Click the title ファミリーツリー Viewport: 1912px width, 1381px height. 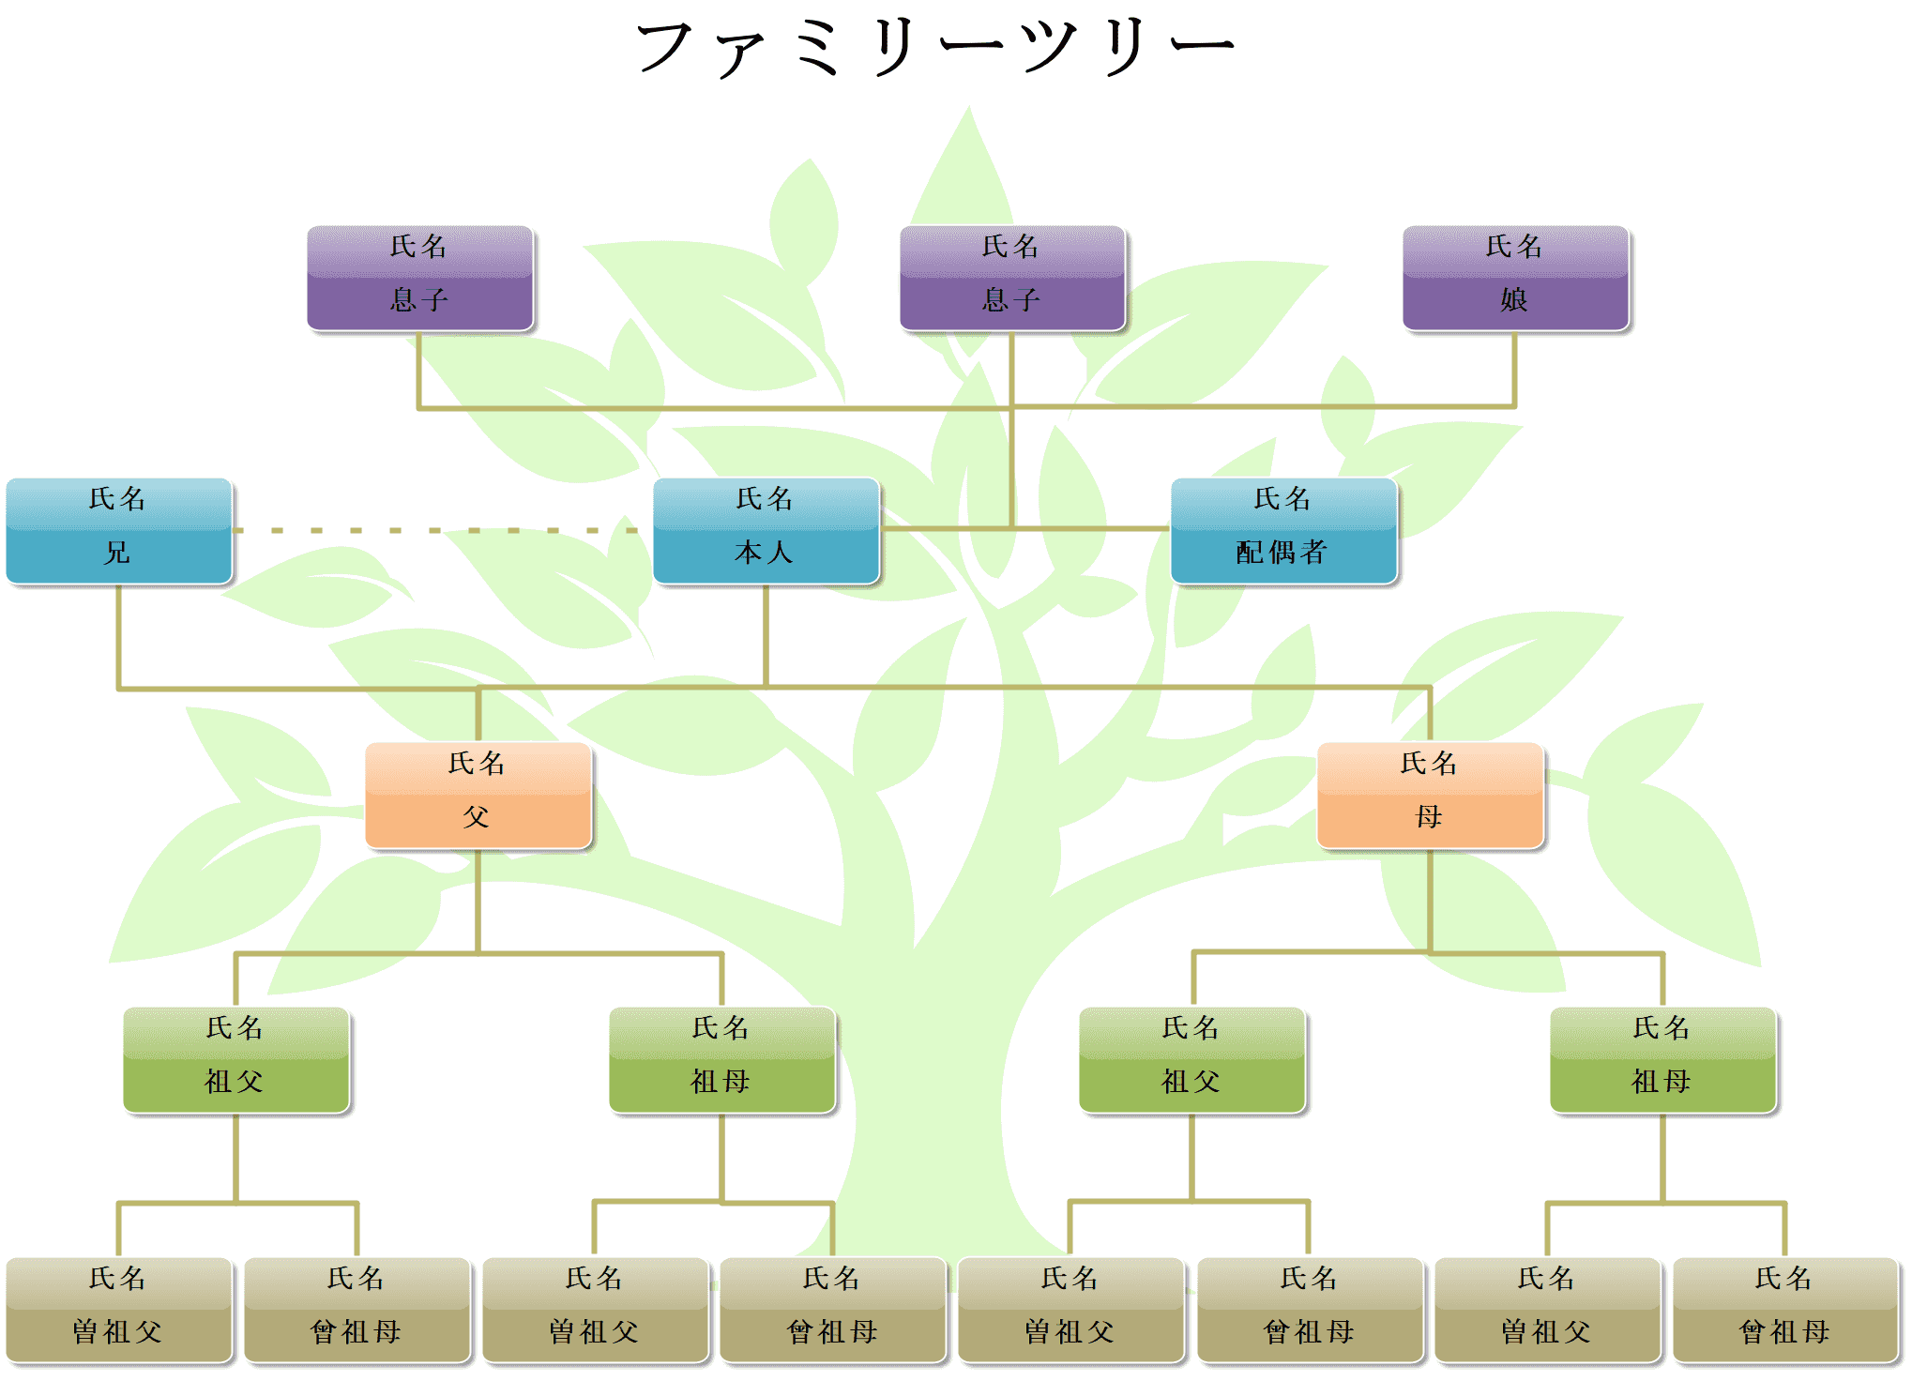(x=935, y=47)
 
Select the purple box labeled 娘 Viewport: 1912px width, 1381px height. (x=1515, y=279)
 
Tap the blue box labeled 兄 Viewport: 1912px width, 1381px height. (x=118, y=532)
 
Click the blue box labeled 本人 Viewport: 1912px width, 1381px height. (x=766, y=532)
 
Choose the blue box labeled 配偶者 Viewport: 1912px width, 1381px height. (x=1283, y=532)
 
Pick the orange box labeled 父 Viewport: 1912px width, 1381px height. (x=478, y=797)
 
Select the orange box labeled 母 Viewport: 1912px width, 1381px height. (x=1430, y=797)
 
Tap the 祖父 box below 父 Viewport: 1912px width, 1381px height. (x=235, y=1061)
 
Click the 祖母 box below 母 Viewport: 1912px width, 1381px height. (x=1662, y=1061)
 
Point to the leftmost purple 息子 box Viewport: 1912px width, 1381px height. (x=419, y=279)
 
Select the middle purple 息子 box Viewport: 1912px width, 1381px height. (x=1011, y=279)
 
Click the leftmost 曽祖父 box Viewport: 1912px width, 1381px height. (x=118, y=1311)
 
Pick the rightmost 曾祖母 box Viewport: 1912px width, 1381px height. (x=1785, y=1311)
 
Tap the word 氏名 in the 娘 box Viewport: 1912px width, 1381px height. (x=1514, y=248)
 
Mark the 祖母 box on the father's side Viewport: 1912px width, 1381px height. (x=721, y=1061)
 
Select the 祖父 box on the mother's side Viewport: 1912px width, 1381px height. (x=1191, y=1061)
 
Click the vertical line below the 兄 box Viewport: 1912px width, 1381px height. (x=119, y=638)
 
